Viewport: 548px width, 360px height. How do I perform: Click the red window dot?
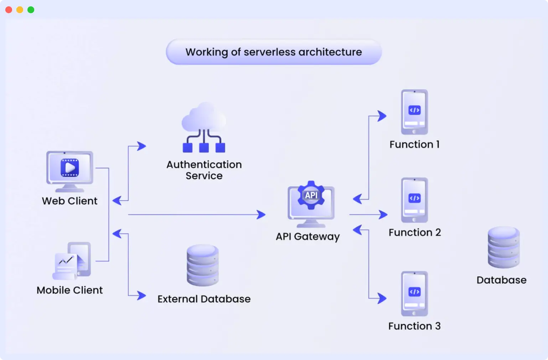click(9, 10)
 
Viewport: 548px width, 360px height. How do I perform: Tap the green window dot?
click(31, 10)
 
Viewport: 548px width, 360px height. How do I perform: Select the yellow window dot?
click(20, 10)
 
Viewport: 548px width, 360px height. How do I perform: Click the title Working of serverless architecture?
click(274, 52)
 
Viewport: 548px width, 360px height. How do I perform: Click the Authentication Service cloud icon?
click(204, 128)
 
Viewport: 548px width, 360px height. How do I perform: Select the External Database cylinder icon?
click(203, 265)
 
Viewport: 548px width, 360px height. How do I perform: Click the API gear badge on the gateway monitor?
click(311, 195)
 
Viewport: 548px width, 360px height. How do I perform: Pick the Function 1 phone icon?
click(414, 112)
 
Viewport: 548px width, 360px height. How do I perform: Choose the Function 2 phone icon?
click(414, 200)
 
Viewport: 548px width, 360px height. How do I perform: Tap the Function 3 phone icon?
click(414, 294)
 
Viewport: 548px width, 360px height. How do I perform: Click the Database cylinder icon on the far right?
click(503, 247)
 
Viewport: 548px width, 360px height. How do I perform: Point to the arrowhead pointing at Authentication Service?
click(142, 146)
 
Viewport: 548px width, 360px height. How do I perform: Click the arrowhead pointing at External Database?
click(142, 295)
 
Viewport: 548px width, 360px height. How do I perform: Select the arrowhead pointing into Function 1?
click(382, 116)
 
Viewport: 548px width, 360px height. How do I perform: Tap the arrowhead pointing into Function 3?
click(382, 298)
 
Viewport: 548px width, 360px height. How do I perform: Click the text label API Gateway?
click(308, 237)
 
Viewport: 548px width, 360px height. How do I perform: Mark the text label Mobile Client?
click(70, 290)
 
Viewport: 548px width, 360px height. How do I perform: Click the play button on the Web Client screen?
click(70, 168)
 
